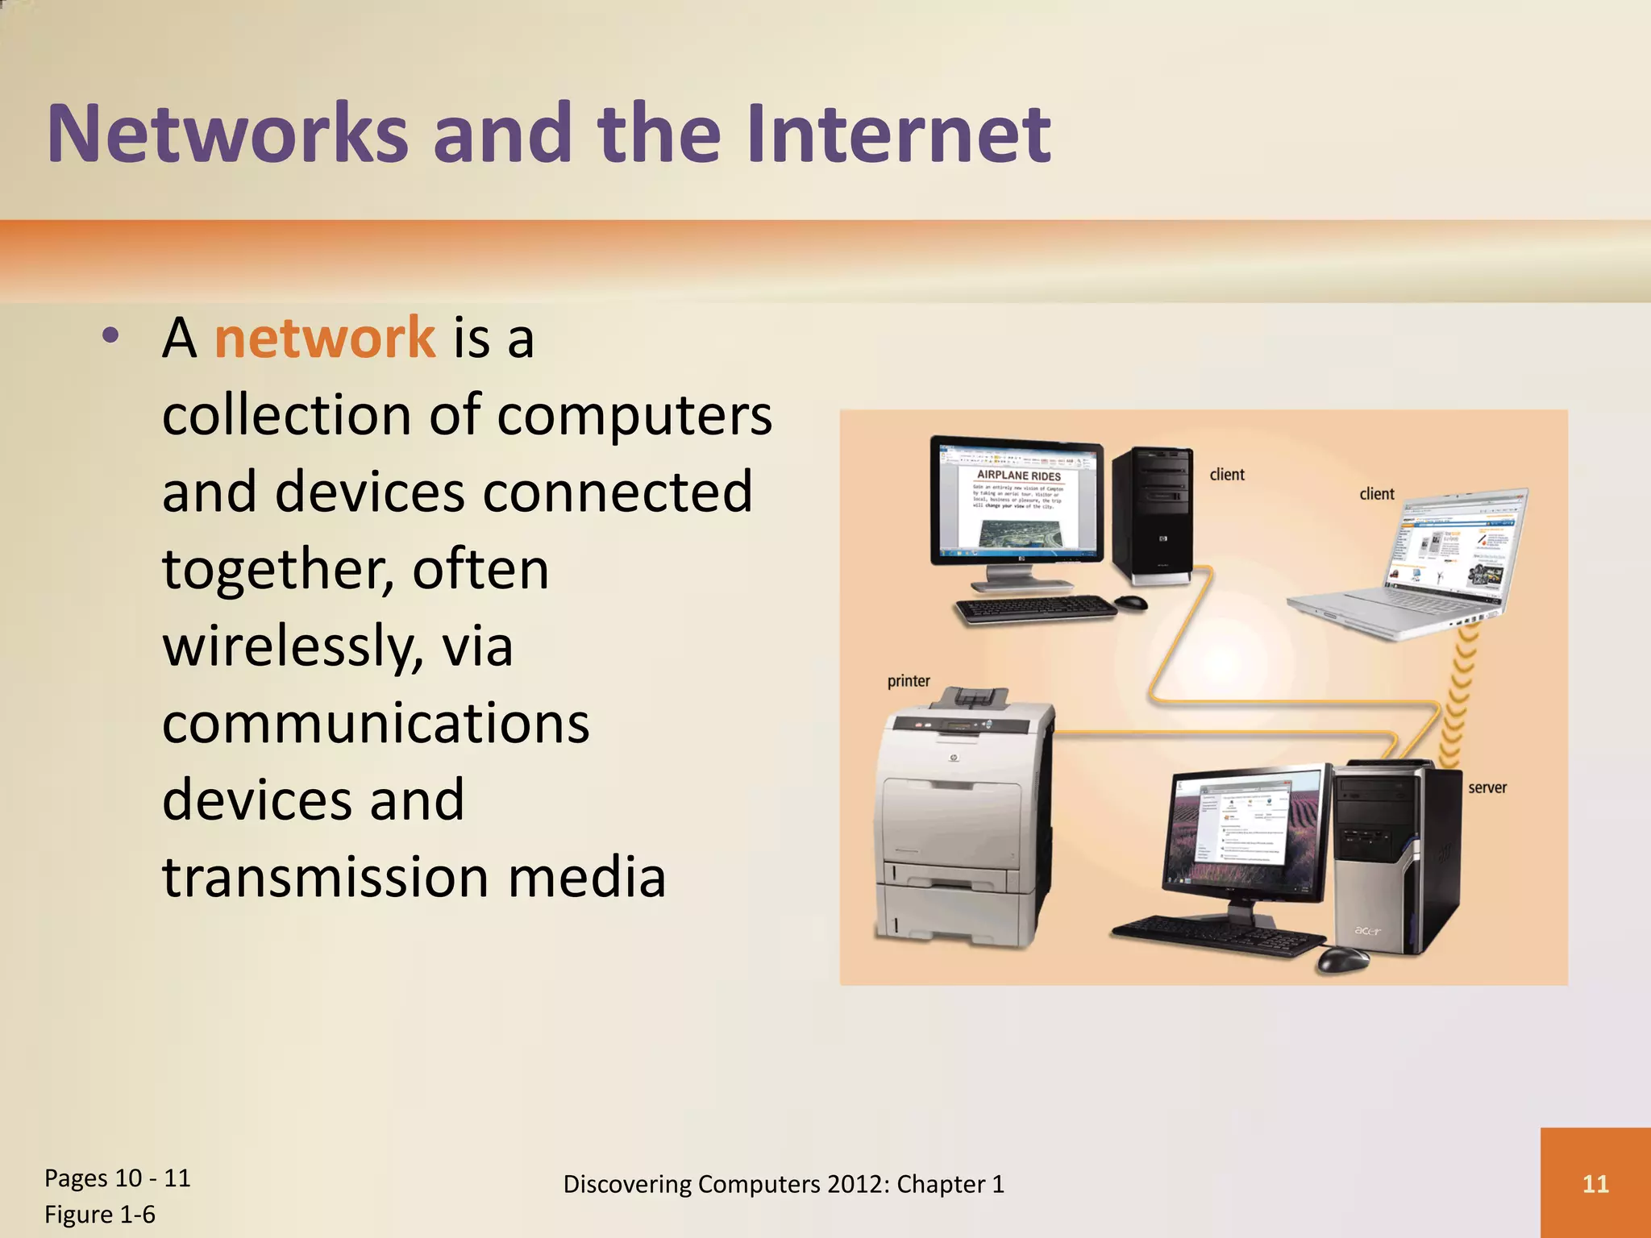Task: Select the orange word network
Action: [x=324, y=339]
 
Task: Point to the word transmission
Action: [x=326, y=878]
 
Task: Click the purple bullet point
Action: [x=111, y=336]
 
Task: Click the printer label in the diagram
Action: [x=909, y=681]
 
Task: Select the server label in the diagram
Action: [x=1487, y=787]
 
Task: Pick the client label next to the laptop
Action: [x=1376, y=494]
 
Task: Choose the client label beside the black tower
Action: [x=1226, y=475]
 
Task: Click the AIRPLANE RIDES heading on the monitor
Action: [x=1018, y=476]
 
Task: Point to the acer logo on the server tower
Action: [x=1367, y=931]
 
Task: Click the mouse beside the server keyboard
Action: [x=1342, y=960]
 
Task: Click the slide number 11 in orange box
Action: [x=1595, y=1183]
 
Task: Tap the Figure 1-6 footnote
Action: [x=100, y=1215]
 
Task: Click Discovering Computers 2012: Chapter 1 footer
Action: [x=783, y=1184]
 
